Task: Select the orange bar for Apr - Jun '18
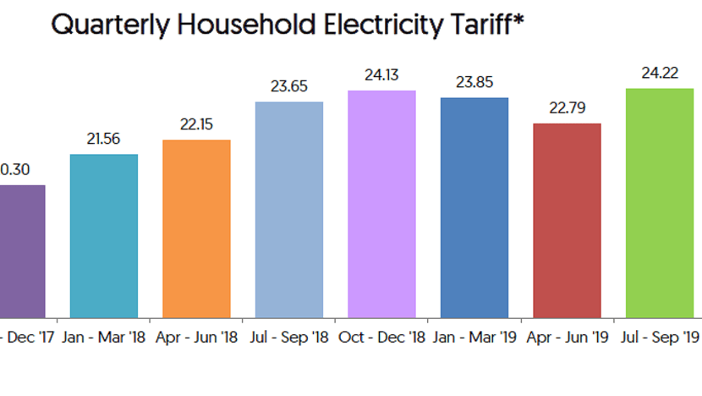click(x=196, y=228)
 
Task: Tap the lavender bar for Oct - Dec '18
click(x=382, y=203)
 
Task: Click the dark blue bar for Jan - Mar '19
click(x=474, y=207)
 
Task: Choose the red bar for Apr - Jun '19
click(x=568, y=220)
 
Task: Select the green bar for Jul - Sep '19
click(x=660, y=202)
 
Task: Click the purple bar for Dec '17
click(x=21, y=250)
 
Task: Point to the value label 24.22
click(x=660, y=74)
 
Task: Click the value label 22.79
click(x=568, y=108)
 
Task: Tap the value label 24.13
click(x=382, y=75)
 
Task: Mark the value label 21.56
click(x=103, y=140)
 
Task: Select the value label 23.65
click(x=289, y=86)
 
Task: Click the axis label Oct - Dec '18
click(x=382, y=338)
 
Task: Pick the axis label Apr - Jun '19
click(x=568, y=338)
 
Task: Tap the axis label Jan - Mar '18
click(x=103, y=338)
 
